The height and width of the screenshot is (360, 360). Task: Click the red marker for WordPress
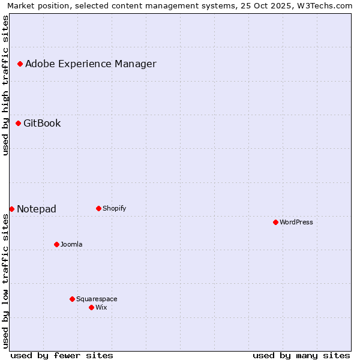tap(275, 222)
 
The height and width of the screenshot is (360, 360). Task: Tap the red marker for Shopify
tap(98, 208)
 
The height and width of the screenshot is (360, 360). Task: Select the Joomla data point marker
tap(56, 244)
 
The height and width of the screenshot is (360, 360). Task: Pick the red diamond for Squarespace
tap(72, 299)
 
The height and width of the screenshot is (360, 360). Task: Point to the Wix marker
tap(91, 307)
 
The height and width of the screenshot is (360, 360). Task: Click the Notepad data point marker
tap(11, 209)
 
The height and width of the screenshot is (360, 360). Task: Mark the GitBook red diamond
tap(18, 123)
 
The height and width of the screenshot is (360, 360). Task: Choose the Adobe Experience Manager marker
tap(20, 64)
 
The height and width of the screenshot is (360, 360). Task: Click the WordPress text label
tap(296, 222)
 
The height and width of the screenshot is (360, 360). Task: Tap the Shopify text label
tap(114, 208)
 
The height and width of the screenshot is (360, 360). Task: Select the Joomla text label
tap(71, 244)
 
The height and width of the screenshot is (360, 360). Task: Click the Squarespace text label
tap(97, 299)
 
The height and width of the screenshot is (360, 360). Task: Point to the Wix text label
tap(101, 307)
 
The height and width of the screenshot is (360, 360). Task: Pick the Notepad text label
tap(37, 209)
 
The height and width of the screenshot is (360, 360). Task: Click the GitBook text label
tap(42, 123)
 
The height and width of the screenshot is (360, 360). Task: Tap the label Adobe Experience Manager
tap(91, 64)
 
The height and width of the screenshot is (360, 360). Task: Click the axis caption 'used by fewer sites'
tap(62, 355)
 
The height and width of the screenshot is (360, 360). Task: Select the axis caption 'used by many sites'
tap(301, 355)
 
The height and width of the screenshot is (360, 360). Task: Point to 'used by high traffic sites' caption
tap(5, 85)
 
